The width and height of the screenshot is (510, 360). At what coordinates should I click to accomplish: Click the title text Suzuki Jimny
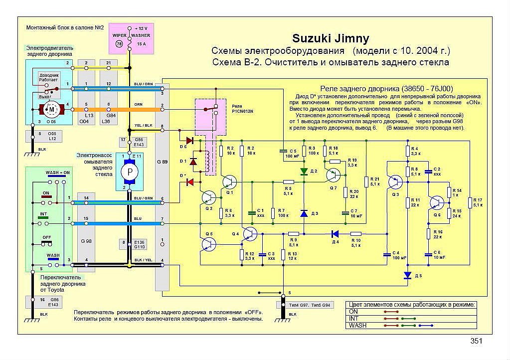coord(331,39)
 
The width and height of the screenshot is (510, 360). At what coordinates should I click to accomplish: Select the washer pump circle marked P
coord(130,171)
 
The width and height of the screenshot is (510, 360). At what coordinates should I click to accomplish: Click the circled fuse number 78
coord(119,44)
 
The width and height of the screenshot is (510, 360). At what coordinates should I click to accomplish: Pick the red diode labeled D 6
coord(189,141)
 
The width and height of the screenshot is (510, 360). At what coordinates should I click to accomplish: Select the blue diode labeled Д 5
coord(408,275)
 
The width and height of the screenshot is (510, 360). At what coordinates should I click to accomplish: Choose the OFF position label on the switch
coord(47,237)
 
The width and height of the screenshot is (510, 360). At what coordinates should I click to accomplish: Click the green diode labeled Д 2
coord(304,171)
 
